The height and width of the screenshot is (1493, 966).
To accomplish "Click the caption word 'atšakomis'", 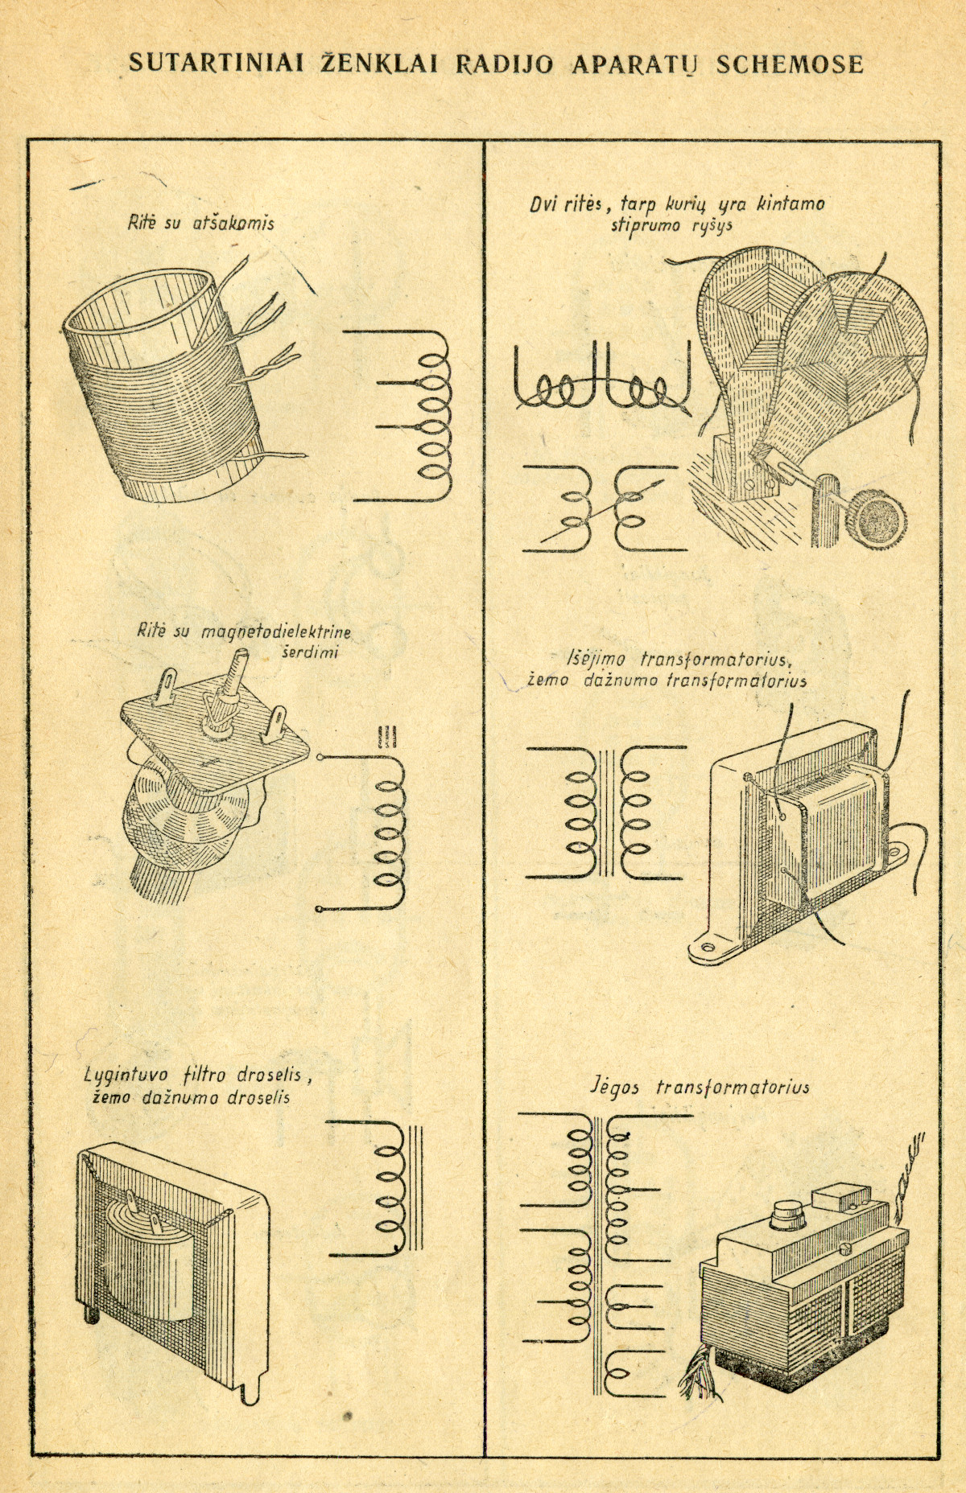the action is [x=233, y=224].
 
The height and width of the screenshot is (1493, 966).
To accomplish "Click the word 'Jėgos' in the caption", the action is [x=617, y=1087].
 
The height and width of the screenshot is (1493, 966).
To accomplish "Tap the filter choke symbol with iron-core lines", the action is [x=375, y=1187].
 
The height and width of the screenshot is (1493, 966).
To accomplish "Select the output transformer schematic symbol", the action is [x=606, y=812].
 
